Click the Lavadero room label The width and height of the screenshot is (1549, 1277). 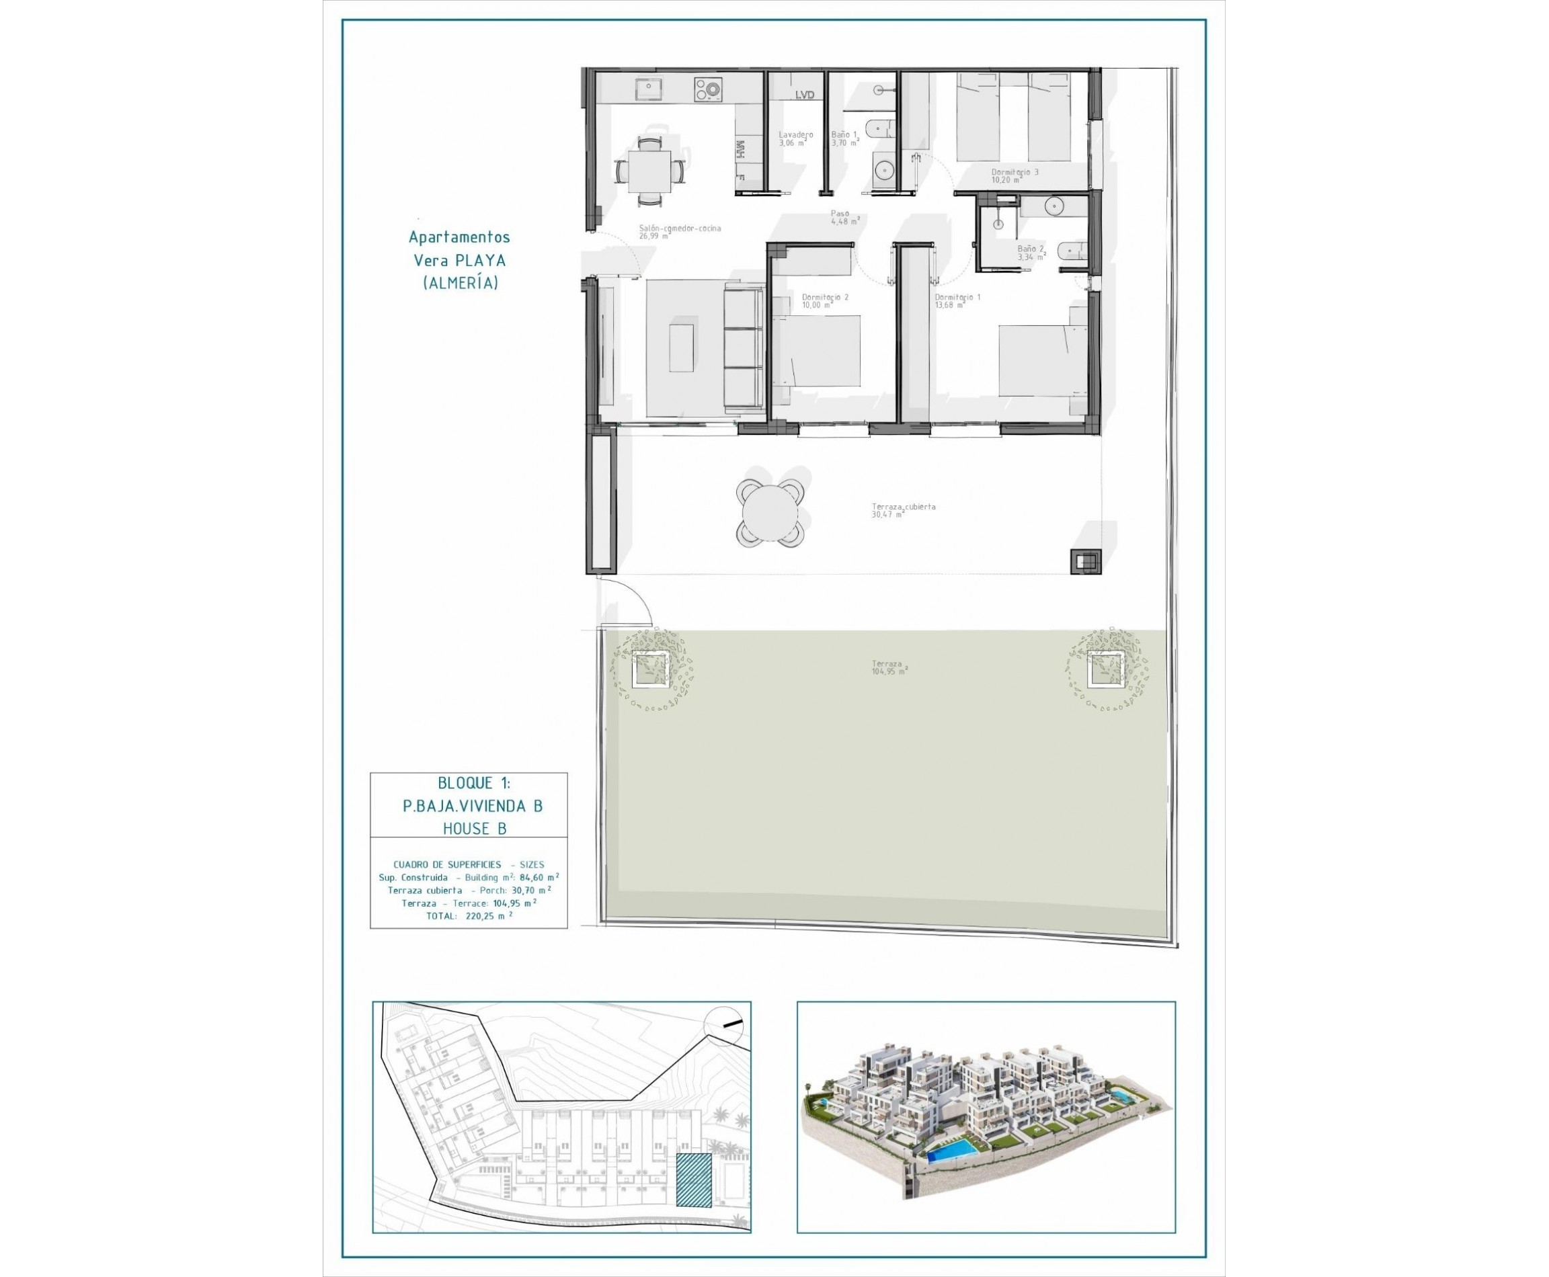(x=795, y=138)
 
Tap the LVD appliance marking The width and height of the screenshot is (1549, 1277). (x=805, y=95)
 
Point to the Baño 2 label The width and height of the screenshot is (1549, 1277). (x=1031, y=252)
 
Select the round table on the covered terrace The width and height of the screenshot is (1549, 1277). (x=770, y=513)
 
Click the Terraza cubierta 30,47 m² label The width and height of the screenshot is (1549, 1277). (x=903, y=509)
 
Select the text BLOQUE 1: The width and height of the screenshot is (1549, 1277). (x=473, y=784)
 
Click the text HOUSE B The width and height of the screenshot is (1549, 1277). (x=474, y=829)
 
